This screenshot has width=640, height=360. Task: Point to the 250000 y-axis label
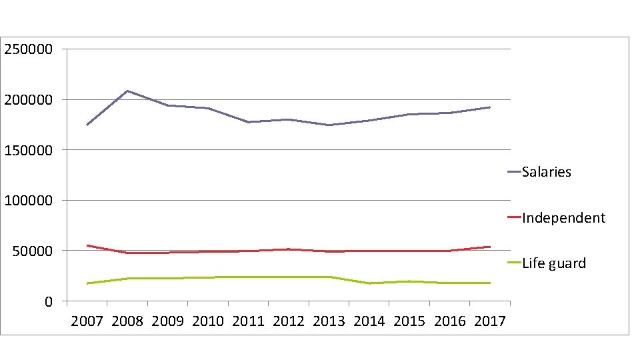coord(29,49)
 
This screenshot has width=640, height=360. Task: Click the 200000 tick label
coord(29,99)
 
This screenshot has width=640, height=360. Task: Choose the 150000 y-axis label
coord(29,150)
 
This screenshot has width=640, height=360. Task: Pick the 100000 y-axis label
coord(29,201)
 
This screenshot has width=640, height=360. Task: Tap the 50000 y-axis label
coord(33,251)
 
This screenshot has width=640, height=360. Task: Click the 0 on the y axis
coord(49,301)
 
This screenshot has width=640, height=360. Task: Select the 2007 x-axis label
coord(87,321)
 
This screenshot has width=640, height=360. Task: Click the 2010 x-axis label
coord(208,321)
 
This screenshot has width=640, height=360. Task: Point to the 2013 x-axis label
coord(329,321)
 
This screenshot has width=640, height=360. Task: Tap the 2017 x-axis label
coord(490,321)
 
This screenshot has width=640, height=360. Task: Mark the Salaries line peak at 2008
coord(127,91)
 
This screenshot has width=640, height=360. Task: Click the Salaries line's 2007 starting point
coord(87,125)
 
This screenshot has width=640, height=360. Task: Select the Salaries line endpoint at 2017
coord(490,107)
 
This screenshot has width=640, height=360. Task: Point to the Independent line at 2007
coord(87,245)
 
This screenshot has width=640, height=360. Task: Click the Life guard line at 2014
coord(369,283)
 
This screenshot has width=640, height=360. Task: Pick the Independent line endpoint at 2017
coord(490,247)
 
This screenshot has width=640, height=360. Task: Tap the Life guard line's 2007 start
coord(87,283)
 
